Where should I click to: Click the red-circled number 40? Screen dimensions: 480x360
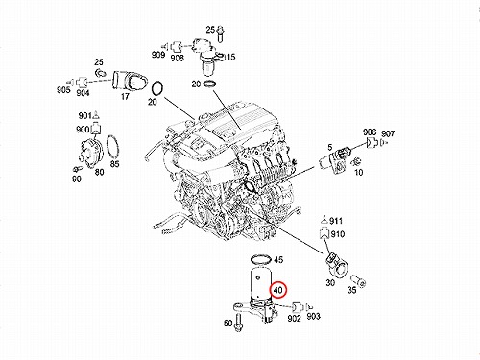point(278,290)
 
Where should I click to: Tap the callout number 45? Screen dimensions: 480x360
point(278,259)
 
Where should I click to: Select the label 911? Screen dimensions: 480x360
point(336,221)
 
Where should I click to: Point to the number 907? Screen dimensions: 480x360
point(388,133)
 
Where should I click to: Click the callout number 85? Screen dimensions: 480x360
point(114,164)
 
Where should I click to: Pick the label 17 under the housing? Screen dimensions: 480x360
point(125,96)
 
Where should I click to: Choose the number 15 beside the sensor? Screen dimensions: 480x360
point(230,57)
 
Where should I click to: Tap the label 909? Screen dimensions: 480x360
point(158,55)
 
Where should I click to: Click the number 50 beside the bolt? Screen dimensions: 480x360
point(228,324)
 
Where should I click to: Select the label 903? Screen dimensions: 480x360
point(313,316)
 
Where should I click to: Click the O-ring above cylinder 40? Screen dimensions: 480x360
point(261,259)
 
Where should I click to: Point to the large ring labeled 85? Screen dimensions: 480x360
point(112,147)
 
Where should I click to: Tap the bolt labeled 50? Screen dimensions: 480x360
point(237,323)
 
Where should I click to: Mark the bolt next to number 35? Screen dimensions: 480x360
point(358,279)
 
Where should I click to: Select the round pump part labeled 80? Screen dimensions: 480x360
point(90,153)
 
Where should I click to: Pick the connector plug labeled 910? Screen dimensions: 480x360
point(324,234)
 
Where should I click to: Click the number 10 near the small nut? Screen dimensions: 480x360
point(359,172)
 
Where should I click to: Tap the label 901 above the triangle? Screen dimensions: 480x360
point(85,115)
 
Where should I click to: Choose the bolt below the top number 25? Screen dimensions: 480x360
point(220,34)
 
